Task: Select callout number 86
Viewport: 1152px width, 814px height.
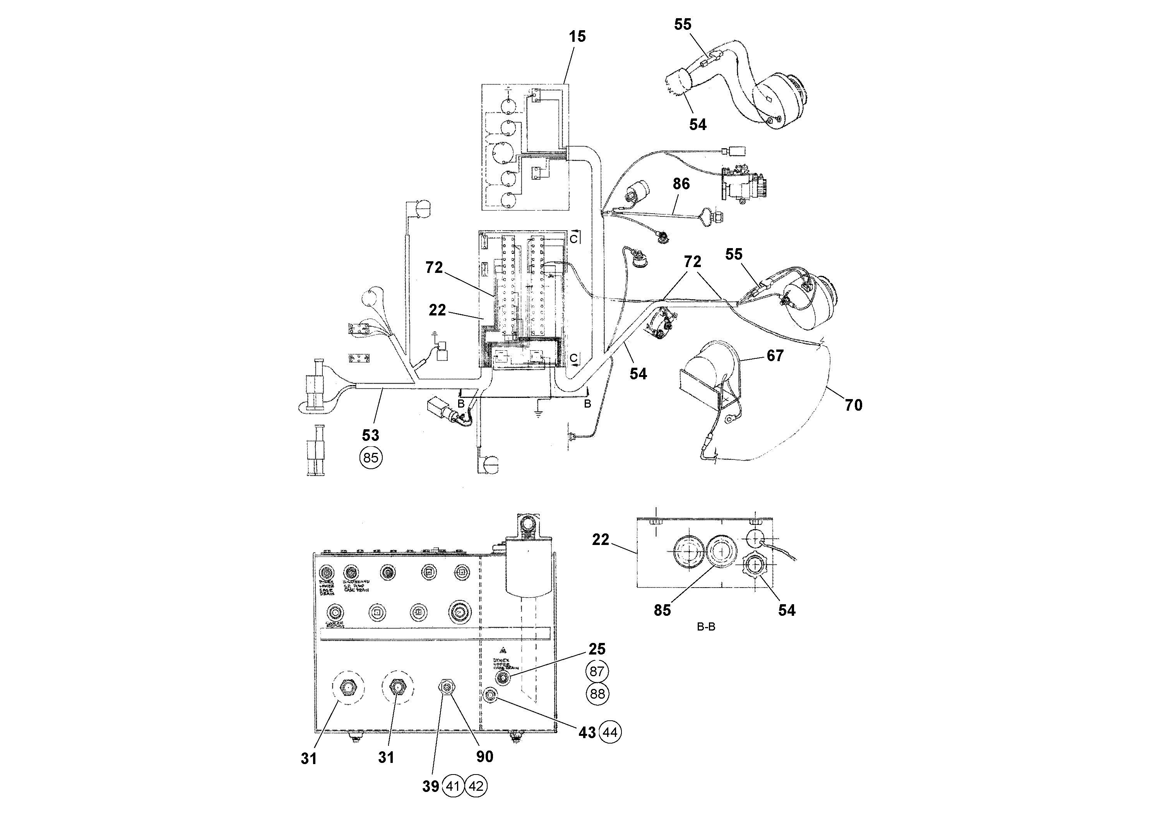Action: [681, 184]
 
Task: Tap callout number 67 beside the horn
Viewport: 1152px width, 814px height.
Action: [775, 356]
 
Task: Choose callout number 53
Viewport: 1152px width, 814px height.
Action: [370, 435]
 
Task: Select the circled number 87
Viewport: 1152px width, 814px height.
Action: [597, 672]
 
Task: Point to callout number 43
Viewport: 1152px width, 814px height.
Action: [587, 733]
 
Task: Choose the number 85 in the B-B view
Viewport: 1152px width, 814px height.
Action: [662, 610]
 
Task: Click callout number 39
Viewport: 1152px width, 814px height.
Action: [430, 787]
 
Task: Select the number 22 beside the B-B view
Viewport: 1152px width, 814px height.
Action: [601, 540]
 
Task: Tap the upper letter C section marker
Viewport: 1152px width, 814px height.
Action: [573, 239]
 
